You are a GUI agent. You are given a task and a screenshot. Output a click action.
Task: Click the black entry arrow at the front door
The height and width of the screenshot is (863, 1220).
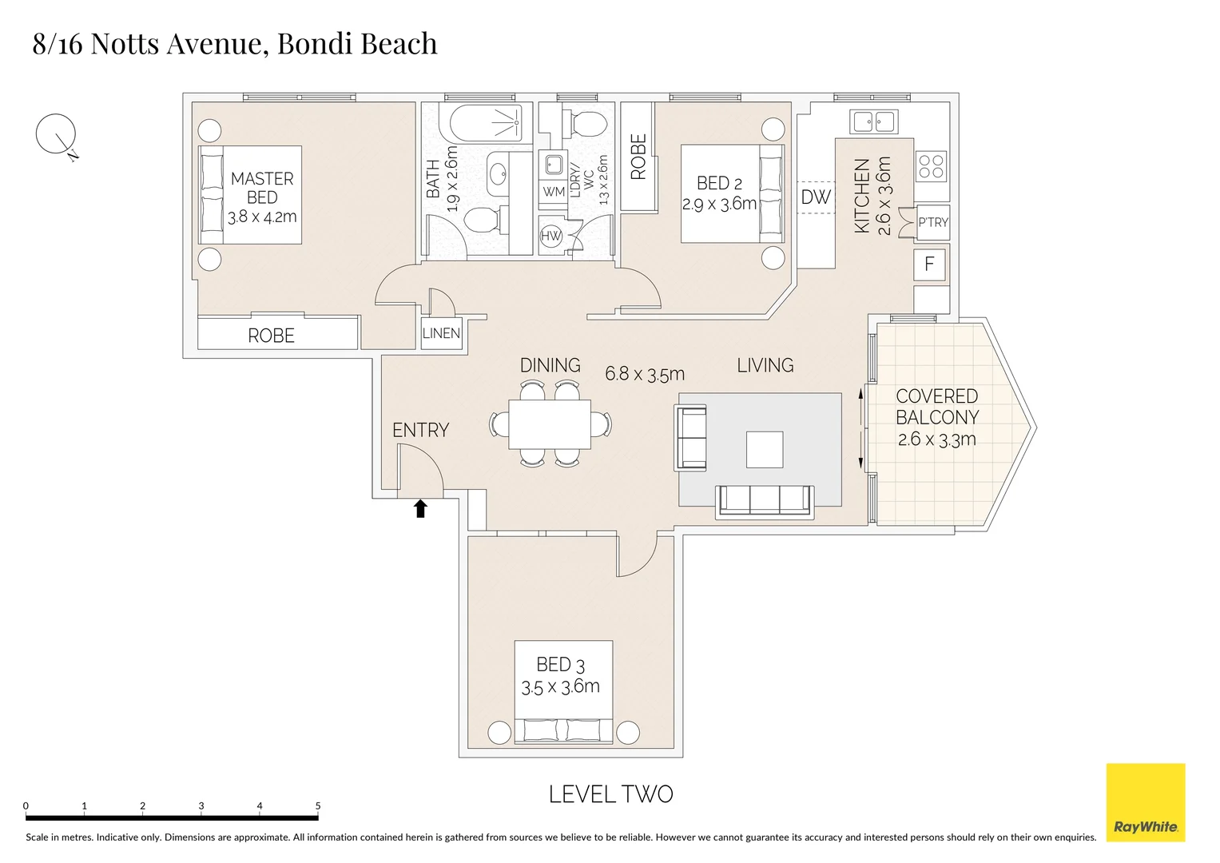[420, 509]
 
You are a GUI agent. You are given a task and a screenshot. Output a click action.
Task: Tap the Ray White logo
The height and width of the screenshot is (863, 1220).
[1145, 802]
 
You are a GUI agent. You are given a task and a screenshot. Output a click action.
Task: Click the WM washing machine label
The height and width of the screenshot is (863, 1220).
[554, 192]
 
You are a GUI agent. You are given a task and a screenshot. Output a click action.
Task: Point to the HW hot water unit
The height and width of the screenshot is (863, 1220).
[551, 236]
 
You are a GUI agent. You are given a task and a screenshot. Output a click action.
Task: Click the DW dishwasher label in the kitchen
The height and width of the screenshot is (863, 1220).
[816, 197]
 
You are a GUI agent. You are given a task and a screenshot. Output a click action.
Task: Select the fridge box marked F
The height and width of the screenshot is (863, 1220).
[929, 264]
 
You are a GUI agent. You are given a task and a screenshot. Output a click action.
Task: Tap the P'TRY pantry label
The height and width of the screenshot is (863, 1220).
[932, 222]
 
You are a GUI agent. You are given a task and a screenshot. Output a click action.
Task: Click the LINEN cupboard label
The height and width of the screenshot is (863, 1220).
[441, 333]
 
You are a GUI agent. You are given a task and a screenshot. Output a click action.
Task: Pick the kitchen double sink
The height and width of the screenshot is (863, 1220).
[873, 121]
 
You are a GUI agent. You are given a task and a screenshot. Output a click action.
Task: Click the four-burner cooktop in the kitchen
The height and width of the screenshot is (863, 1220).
[931, 167]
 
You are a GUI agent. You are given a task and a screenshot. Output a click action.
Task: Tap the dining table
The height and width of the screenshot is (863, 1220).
[550, 424]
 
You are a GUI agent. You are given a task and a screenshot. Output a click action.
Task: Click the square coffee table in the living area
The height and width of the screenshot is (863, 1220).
[765, 449]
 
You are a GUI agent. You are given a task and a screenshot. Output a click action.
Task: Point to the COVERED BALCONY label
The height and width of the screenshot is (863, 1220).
[936, 407]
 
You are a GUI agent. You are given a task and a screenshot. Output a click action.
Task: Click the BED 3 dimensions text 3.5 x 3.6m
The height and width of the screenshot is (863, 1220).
[560, 686]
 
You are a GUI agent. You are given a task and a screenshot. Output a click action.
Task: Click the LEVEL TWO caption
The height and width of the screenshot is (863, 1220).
[610, 794]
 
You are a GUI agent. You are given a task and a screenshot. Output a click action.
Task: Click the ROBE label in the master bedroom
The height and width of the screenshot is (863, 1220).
[271, 336]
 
